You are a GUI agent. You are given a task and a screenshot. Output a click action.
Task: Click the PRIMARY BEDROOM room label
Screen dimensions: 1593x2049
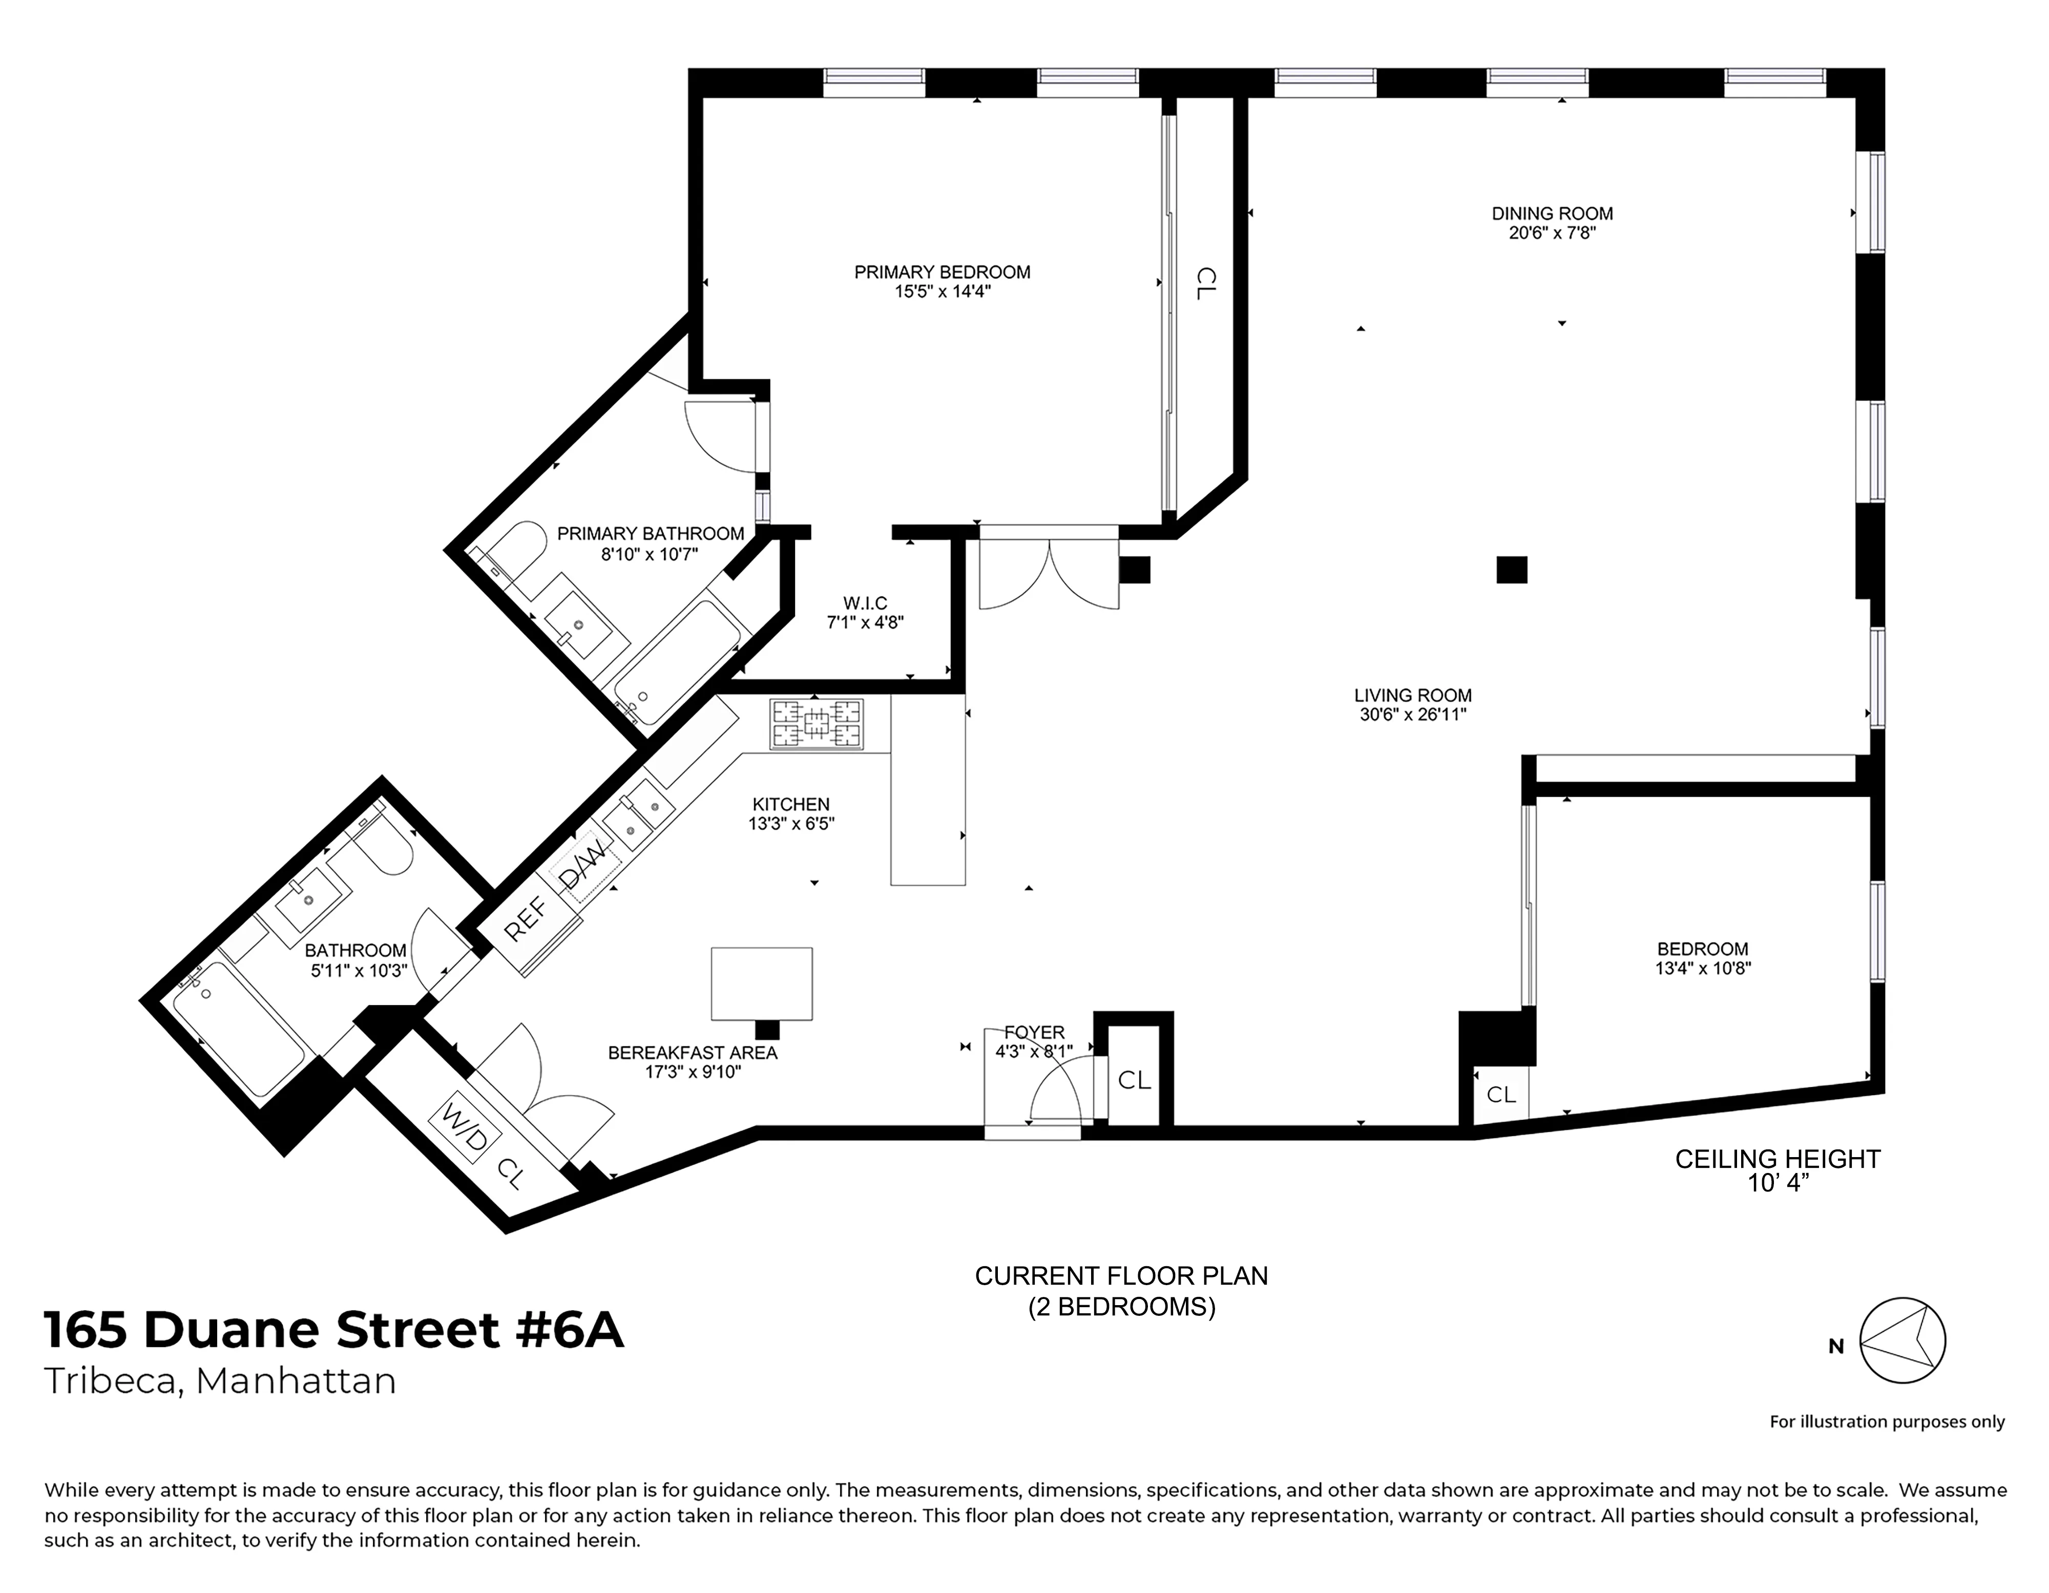coord(942,272)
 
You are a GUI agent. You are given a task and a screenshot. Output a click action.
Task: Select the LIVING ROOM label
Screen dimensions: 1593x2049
coord(1412,695)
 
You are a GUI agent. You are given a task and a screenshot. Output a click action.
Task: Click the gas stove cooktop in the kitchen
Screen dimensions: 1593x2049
coord(816,724)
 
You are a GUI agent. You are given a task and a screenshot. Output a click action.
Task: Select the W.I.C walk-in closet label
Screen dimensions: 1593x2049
coord(864,603)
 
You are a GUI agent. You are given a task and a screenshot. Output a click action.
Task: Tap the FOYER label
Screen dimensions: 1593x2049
coord(1034,1032)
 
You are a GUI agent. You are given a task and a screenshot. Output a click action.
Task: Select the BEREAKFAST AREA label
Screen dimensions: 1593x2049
coord(693,1053)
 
